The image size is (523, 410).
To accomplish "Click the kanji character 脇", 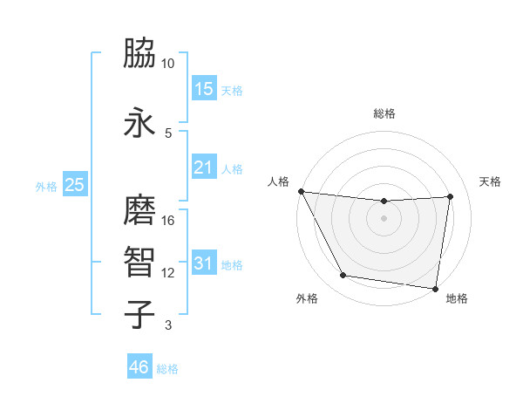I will click(140, 54).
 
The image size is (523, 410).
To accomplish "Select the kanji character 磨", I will click(140, 210).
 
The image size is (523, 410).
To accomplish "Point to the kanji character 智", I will click(140, 263).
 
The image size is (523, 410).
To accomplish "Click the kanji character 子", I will click(140, 315).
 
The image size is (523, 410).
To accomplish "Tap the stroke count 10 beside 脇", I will click(168, 64).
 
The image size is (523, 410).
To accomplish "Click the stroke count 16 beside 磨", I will click(168, 221).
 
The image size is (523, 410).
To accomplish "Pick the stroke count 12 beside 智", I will click(168, 273).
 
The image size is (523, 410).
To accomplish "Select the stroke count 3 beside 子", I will click(167, 325).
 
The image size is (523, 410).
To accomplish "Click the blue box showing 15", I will click(204, 89).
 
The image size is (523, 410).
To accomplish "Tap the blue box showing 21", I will click(204, 167).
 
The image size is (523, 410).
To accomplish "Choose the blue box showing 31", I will click(204, 263).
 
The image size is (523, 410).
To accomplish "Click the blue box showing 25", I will click(75, 185).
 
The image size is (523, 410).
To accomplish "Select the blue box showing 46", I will click(139, 367).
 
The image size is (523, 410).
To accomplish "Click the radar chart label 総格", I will click(384, 113).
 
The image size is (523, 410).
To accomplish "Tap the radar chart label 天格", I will click(491, 181).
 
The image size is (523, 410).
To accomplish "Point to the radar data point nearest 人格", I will click(302, 191).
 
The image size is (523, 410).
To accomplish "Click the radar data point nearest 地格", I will click(435, 288).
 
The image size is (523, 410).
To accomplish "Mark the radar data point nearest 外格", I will click(343, 277).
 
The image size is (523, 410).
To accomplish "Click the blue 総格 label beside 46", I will click(167, 369).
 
